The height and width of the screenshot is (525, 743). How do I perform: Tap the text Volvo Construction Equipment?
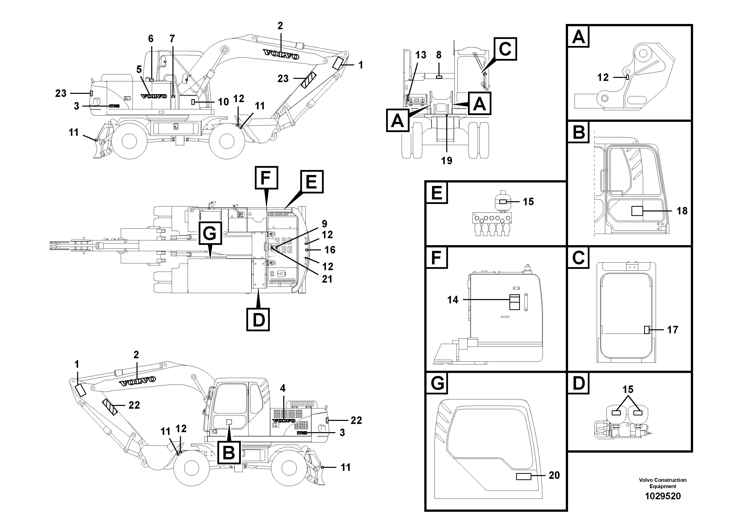point(663,483)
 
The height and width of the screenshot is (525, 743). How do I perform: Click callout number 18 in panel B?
point(682,211)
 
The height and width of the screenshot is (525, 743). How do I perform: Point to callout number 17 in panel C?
point(672,330)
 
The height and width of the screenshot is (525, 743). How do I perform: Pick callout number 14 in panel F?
point(453,300)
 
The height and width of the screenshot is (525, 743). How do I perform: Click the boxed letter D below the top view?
point(258,320)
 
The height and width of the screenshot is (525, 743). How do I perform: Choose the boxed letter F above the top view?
point(266,178)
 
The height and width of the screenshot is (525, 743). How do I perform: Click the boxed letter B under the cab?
point(229,452)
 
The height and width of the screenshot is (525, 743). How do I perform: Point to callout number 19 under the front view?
point(446,161)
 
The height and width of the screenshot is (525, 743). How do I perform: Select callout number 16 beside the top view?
point(330,250)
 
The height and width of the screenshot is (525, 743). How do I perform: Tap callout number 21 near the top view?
point(327,279)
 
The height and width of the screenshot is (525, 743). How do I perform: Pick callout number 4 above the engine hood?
point(283,388)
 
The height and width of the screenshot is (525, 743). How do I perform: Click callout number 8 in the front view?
point(439,55)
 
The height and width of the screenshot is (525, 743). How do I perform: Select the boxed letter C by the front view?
point(505,49)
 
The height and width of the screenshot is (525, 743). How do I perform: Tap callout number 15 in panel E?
point(528,202)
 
